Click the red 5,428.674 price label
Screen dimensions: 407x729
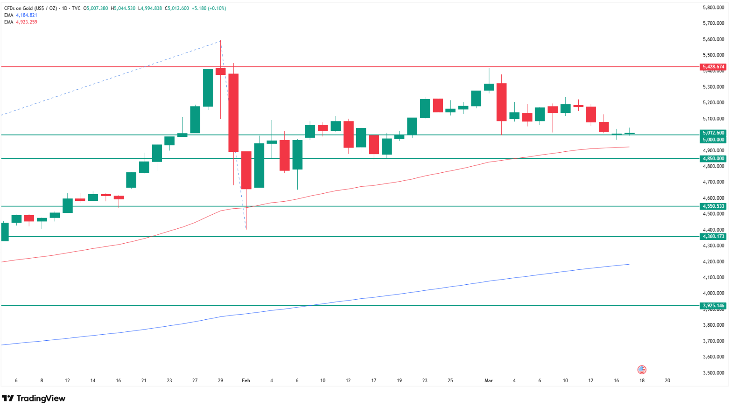(713, 67)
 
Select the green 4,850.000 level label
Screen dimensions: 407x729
(713, 159)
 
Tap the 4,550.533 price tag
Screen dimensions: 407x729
(713, 206)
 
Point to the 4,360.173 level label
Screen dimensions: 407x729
(713, 236)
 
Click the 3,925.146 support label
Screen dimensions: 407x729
(713, 306)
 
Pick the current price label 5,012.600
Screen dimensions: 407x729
(713, 133)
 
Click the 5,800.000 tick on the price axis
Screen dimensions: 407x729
(713, 8)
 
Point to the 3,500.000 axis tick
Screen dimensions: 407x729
(713, 373)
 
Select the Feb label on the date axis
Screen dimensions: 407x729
(246, 380)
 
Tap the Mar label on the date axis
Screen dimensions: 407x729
(489, 380)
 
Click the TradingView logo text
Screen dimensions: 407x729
(34, 398)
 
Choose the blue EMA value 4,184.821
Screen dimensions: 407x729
(26, 15)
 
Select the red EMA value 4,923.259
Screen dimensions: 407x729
(26, 22)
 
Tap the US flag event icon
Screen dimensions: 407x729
(641, 369)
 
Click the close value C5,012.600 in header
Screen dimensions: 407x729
(177, 8)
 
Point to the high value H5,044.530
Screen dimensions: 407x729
(123, 8)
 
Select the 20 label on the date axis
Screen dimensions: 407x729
(668, 380)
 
